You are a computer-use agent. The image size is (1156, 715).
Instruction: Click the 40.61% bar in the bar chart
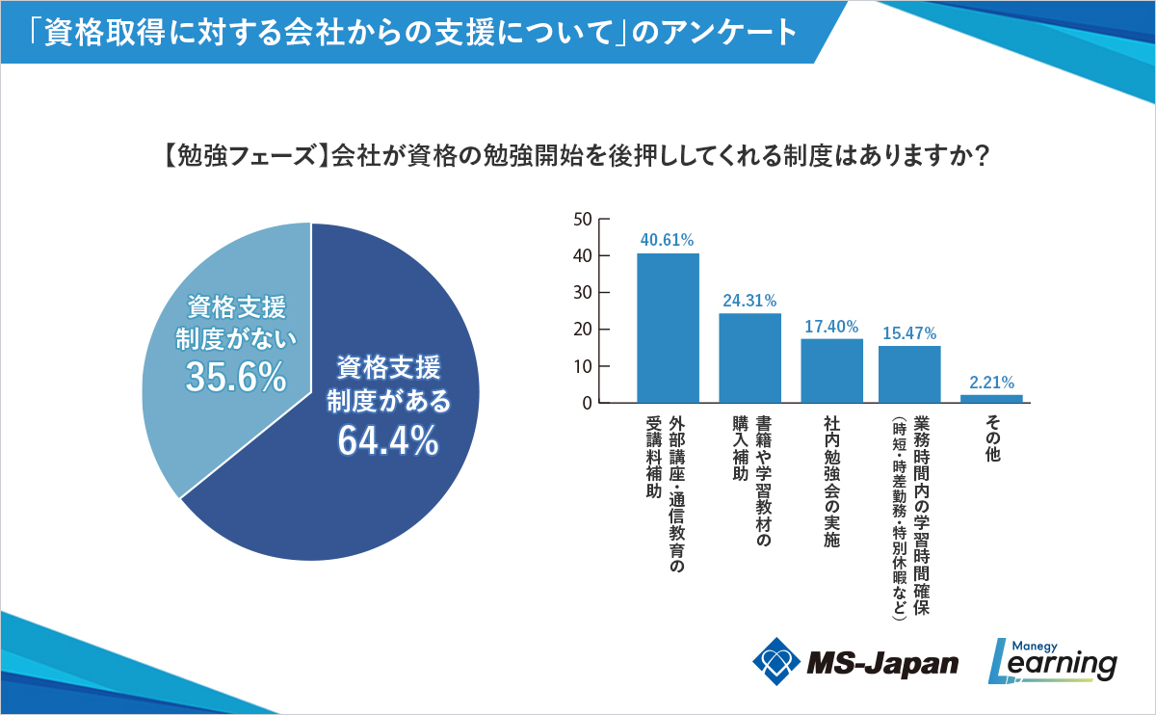click(668, 328)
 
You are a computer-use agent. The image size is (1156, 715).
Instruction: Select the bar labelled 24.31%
click(749, 357)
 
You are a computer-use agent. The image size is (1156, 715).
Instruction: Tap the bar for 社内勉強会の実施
click(831, 371)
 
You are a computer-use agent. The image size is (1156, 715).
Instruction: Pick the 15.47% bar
click(909, 374)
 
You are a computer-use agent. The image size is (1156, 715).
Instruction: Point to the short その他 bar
click(991, 399)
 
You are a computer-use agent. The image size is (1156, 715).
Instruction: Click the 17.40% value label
click(831, 327)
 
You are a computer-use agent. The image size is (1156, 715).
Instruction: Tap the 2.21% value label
click(991, 383)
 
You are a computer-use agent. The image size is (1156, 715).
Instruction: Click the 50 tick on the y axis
click(582, 219)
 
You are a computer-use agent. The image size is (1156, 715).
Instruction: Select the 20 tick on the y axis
click(582, 330)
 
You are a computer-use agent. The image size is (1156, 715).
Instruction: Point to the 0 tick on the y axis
click(586, 403)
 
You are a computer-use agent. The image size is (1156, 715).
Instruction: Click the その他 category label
click(991, 438)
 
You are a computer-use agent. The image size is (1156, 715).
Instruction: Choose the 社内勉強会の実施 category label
click(831, 482)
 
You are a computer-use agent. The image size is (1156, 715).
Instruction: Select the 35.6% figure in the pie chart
click(236, 378)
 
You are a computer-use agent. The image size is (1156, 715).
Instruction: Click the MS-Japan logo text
click(881, 662)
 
